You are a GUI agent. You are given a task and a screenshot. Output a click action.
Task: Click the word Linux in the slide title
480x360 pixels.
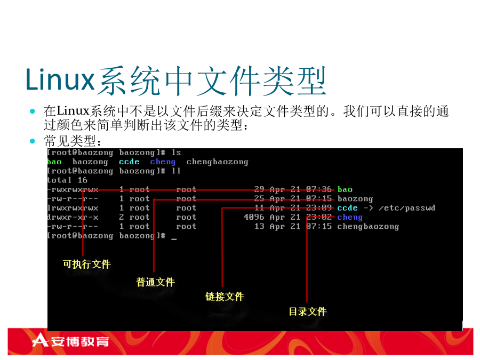click(x=60, y=79)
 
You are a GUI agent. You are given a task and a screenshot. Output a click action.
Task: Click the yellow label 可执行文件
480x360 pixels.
click(x=86, y=264)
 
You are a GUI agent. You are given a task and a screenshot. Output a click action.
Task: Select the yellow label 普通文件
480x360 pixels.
click(x=156, y=282)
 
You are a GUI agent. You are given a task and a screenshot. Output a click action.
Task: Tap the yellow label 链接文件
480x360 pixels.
click(x=225, y=297)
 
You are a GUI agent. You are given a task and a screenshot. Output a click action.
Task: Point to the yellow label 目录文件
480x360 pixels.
click(x=308, y=311)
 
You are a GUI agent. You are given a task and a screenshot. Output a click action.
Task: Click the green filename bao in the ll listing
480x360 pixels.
click(x=345, y=189)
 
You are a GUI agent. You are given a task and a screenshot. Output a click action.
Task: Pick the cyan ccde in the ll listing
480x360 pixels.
click(x=347, y=208)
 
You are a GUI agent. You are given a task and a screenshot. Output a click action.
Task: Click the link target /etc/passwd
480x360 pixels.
click(x=407, y=208)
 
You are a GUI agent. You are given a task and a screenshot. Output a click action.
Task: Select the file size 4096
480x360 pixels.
click(x=254, y=217)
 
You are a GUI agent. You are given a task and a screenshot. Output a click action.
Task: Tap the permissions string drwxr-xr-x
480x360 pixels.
click(x=73, y=217)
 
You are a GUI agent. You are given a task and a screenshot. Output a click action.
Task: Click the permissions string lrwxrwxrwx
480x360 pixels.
click(x=73, y=208)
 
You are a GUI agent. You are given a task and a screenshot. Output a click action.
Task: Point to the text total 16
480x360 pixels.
click(x=67, y=180)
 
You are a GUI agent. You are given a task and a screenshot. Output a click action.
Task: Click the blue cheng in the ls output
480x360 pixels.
click(x=163, y=162)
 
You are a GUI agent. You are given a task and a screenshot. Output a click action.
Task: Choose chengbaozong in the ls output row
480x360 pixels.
click(x=218, y=162)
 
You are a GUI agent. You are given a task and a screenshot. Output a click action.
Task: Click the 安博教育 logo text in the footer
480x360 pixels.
click(x=80, y=341)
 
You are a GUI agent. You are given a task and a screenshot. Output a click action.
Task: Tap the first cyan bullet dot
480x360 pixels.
click(x=33, y=111)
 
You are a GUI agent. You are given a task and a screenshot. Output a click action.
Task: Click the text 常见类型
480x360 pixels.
click(x=70, y=141)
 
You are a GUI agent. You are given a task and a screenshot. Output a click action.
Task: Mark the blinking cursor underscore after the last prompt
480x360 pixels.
click(x=174, y=239)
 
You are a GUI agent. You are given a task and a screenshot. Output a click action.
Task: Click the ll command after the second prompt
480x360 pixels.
click(x=176, y=171)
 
